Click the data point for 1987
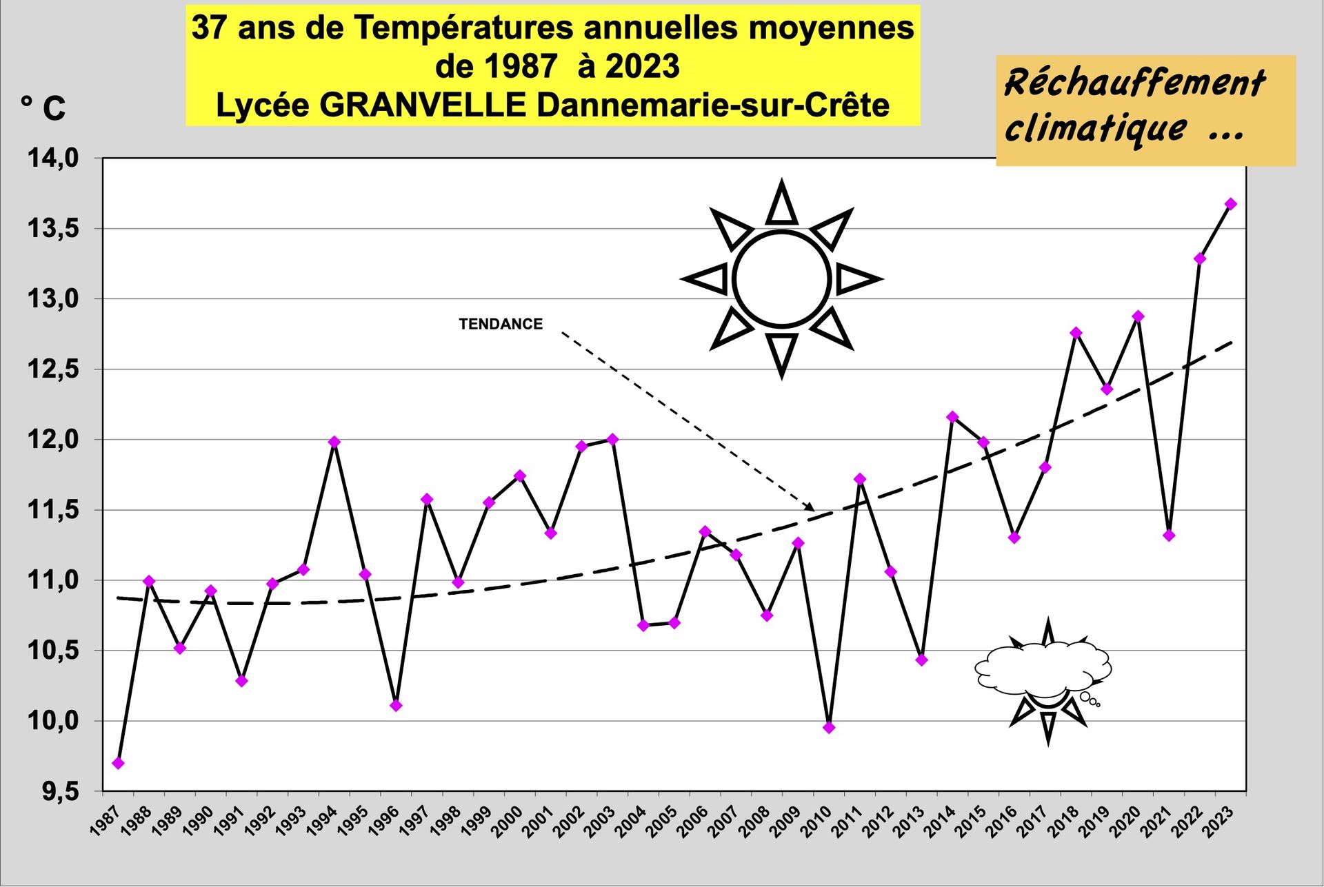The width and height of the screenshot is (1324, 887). click(x=118, y=763)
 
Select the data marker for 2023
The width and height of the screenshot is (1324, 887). click(x=1231, y=204)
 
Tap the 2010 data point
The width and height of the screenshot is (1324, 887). click(x=829, y=727)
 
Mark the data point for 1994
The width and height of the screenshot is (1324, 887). click(x=334, y=442)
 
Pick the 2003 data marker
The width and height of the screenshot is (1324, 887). click(x=612, y=439)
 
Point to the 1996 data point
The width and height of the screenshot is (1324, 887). click(x=396, y=705)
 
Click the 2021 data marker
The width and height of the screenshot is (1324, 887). click(x=1169, y=536)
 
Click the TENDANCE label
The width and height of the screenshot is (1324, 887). click(x=501, y=324)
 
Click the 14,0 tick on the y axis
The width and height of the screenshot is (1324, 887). click(x=53, y=159)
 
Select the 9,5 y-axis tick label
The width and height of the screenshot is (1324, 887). click(x=60, y=792)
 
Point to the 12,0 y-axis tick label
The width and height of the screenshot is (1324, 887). click(x=53, y=440)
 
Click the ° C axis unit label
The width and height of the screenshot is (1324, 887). click(x=43, y=108)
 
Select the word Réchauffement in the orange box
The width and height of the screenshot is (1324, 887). click(x=1135, y=84)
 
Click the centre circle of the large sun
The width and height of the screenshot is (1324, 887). click(x=781, y=279)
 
